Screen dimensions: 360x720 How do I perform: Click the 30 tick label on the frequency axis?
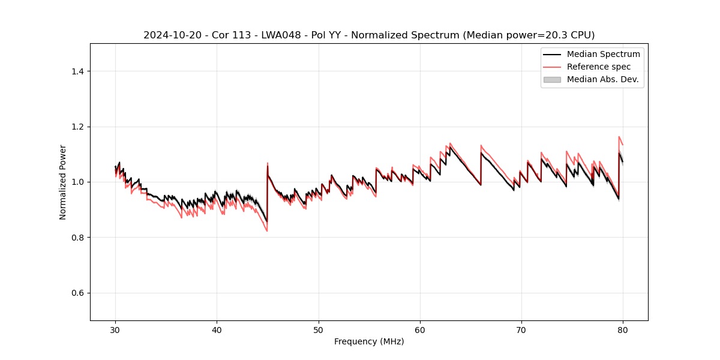click(115, 330)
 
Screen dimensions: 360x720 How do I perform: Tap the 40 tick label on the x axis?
click(217, 330)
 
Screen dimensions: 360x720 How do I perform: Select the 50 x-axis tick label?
click(318, 330)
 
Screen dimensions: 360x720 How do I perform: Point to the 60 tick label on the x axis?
click(420, 330)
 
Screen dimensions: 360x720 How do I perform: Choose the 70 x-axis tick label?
click(521, 330)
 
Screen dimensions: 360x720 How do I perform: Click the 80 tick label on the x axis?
click(623, 330)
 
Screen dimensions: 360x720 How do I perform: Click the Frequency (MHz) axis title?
click(369, 341)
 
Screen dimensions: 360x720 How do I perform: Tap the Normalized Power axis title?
click(63, 182)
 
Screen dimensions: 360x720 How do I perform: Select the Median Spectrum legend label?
click(603, 54)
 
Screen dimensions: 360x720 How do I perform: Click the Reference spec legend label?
click(598, 67)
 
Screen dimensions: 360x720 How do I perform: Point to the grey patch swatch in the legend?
click(552, 79)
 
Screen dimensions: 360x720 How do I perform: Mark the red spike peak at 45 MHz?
click(268, 163)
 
